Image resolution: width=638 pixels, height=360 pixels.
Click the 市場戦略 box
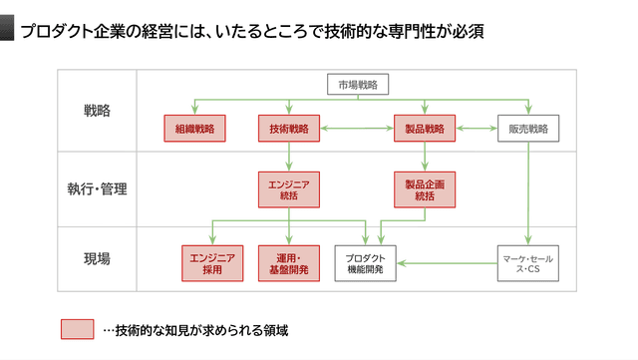click(358, 85)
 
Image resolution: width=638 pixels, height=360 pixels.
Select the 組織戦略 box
click(194, 128)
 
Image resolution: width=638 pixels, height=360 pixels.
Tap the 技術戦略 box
click(289, 128)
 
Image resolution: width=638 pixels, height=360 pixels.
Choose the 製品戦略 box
click(426, 128)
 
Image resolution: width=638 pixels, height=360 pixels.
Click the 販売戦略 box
click(528, 128)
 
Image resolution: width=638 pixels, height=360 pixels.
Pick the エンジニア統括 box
click(289, 189)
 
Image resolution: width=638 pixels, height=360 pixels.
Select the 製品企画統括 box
click(426, 189)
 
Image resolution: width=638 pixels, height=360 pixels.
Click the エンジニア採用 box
click(211, 262)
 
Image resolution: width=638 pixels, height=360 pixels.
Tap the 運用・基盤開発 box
click(289, 262)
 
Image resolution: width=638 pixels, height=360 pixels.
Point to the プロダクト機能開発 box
click(366, 262)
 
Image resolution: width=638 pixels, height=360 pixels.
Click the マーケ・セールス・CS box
click(528, 262)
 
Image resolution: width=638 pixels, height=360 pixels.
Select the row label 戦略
click(98, 111)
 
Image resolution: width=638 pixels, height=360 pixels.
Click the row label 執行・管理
click(98, 187)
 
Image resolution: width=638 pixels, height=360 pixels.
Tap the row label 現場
click(98, 258)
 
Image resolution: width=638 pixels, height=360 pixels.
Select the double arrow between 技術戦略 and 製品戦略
click(357, 128)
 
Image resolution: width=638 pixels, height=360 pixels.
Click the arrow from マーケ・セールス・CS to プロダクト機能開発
click(449, 263)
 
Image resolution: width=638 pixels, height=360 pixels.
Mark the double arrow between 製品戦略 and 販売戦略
click(478, 128)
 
